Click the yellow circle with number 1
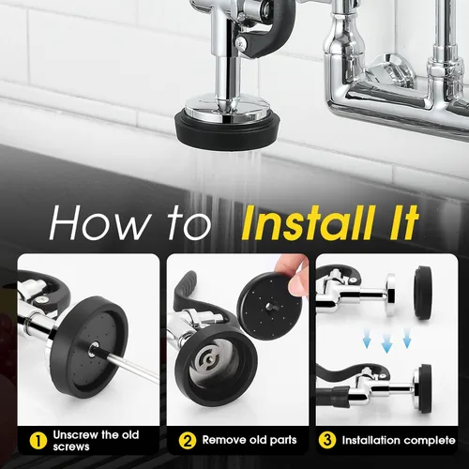pyautogui.click(x=38, y=441)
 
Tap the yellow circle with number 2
pyautogui.click(x=188, y=441)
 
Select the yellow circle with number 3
pyautogui.click(x=327, y=440)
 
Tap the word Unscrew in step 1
pyautogui.click(x=76, y=435)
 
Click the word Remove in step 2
pyautogui.click(x=224, y=440)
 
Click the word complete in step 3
pyautogui.click(x=424, y=441)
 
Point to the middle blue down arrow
pyautogui.click(x=386, y=343)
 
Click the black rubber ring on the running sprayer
pyautogui.click(x=227, y=129)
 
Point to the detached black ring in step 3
pyautogui.click(x=423, y=293)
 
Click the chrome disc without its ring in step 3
pyautogui.click(x=390, y=294)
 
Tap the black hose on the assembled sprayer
pyautogui.click(x=331, y=396)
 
